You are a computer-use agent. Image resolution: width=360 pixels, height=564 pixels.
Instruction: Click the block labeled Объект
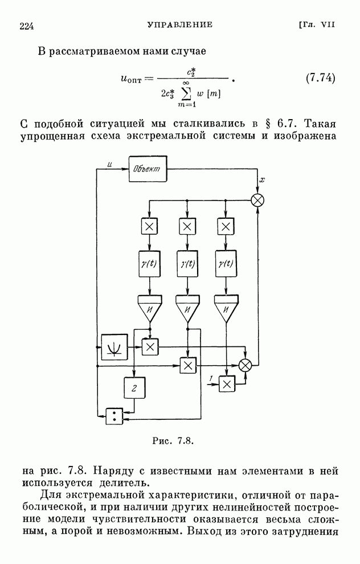(149, 169)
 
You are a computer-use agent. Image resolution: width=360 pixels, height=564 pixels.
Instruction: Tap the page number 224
(28, 26)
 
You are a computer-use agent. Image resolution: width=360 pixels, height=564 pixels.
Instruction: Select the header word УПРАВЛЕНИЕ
(180, 25)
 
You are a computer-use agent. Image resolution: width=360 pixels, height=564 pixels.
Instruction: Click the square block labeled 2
(135, 389)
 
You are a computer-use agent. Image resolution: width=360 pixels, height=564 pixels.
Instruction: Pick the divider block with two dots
(114, 416)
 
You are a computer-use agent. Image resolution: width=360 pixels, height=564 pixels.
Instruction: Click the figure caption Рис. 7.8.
(174, 440)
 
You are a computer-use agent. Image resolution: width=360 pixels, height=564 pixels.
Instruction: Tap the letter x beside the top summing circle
(261, 181)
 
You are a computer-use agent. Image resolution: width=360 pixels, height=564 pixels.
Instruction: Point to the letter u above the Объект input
(109, 165)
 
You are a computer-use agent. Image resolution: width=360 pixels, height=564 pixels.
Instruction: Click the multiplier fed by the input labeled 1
(227, 385)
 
